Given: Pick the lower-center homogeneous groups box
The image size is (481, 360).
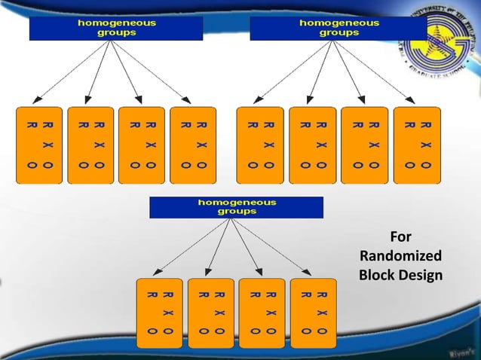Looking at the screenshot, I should [236, 207].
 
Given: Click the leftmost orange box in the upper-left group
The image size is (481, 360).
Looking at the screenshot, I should [39, 145].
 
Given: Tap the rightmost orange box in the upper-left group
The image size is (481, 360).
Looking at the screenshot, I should [193, 145].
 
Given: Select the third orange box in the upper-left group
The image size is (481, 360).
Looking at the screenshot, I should [142, 145].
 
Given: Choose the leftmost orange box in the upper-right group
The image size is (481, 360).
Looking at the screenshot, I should [259, 145].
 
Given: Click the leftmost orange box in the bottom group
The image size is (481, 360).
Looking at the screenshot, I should [158, 313].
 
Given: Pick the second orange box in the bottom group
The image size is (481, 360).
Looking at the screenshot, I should [210, 313].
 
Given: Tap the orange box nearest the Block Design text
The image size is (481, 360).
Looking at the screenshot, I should [313, 313].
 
